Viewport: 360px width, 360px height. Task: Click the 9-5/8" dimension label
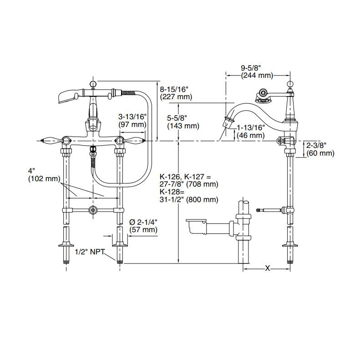point(250,68)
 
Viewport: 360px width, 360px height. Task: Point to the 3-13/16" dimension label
point(132,117)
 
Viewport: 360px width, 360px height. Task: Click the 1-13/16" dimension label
point(251,128)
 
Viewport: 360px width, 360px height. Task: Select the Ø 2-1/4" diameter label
point(143,222)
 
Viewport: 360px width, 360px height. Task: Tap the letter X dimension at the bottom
point(268,269)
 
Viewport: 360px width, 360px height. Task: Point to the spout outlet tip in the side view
point(228,123)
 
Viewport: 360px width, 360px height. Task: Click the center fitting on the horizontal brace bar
point(93,210)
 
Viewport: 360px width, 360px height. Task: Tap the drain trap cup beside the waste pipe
point(197,226)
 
